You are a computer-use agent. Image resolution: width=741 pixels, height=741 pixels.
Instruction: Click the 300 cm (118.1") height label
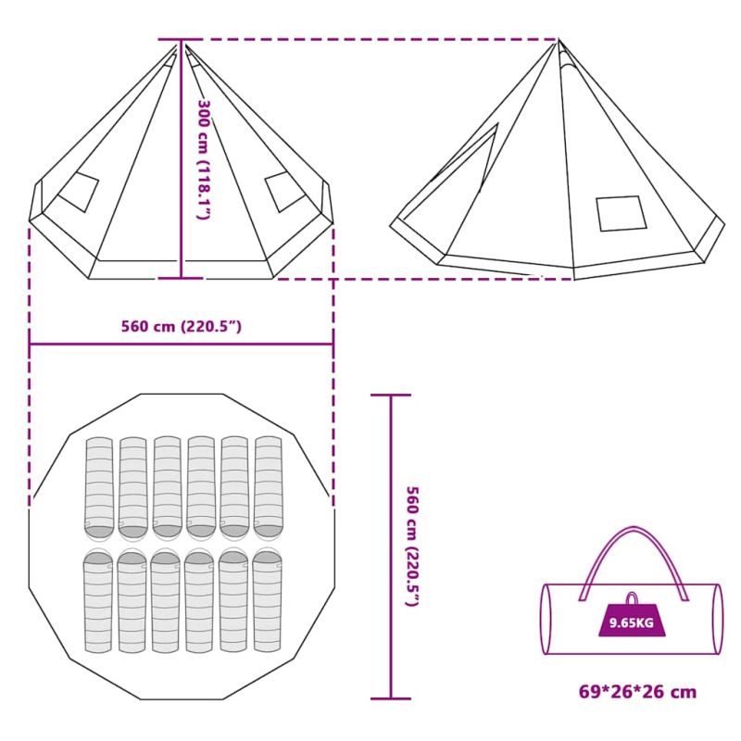(x=204, y=158)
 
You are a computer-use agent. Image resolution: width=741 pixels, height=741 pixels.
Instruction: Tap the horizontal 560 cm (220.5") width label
(x=182, y=327)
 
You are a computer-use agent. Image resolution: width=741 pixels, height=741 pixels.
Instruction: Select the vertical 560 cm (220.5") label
(x=413, y=546)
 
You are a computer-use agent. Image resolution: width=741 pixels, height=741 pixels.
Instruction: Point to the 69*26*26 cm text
(x=637, y=692)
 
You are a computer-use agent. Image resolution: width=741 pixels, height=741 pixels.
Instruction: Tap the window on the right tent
(x=621, y=213)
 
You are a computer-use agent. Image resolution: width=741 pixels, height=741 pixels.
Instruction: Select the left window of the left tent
(x=78, y=192)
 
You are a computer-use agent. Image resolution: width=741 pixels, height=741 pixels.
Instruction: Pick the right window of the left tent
(x=285, y=192)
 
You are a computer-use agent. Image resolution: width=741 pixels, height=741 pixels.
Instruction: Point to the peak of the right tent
(x=559, y=40)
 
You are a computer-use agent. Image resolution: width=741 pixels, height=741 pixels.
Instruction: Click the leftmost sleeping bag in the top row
(x=99, y=488)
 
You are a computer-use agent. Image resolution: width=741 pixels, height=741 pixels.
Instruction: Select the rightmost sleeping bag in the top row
(x=269, y=488)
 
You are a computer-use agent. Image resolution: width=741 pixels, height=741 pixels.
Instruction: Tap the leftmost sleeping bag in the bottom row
(x=98, y=600)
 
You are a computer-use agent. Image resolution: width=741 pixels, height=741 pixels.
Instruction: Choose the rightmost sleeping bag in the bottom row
(x=268, y=600)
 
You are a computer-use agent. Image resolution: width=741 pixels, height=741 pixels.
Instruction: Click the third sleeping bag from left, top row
(x=168, y=488)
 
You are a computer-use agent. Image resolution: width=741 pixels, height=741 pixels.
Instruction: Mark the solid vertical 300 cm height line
(x=181, y=158)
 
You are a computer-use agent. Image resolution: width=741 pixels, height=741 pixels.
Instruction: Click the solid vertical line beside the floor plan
(x=391, y=546)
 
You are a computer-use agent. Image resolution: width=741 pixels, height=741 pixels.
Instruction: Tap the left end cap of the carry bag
(x=546, y=619)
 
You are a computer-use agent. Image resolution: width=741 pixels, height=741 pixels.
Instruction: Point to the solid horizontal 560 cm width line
(x=182, y=345)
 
